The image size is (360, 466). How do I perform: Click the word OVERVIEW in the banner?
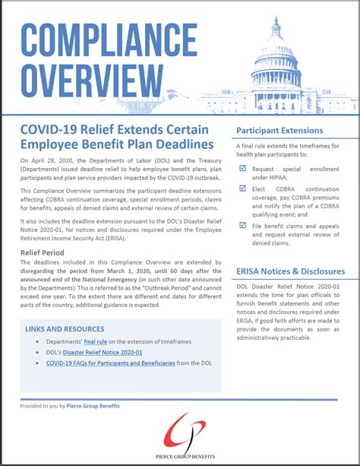click(85, 80)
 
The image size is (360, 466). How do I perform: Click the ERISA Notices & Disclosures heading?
click(290, 271)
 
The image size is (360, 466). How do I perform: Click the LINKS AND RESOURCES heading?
click(65, 328)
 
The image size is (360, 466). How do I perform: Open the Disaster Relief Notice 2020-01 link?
click(104, 353)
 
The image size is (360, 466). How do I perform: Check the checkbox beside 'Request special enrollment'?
click(242, 166)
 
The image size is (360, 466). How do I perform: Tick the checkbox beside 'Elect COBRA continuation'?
click(242, 188)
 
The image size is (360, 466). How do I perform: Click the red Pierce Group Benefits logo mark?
click(180, 426)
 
